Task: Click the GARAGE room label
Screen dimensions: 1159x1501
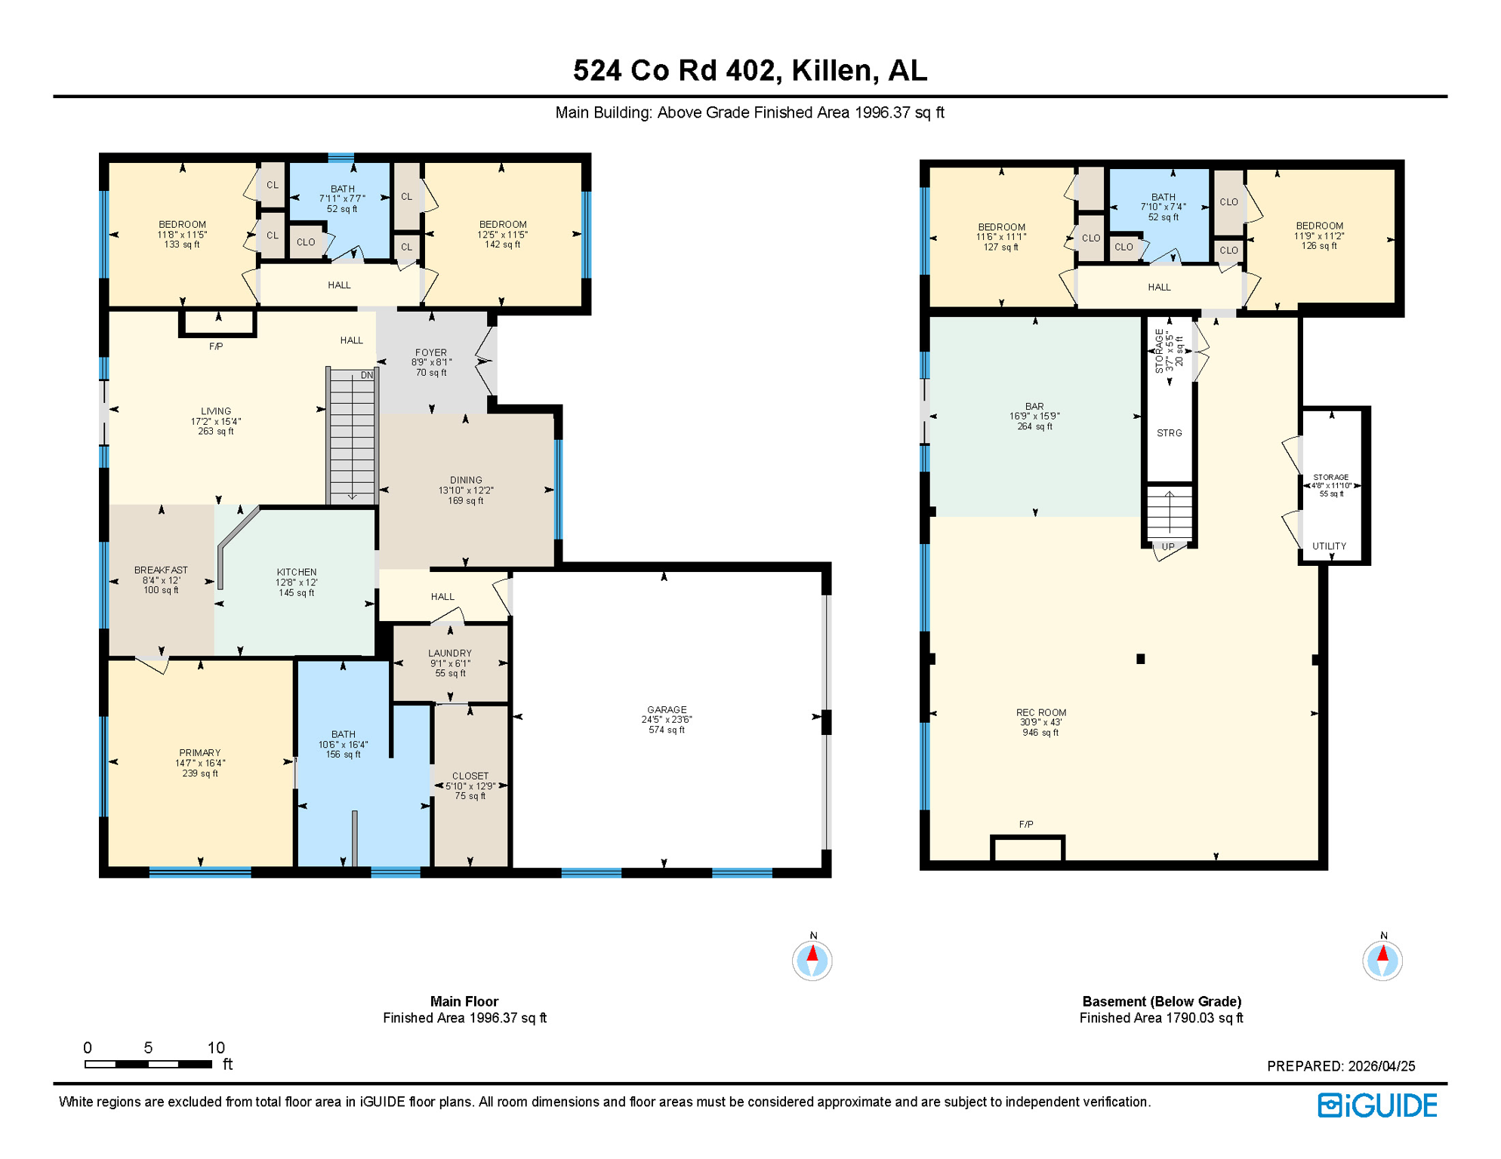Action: tap(667, 710)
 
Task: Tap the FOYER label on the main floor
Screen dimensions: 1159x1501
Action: tap(431, 352)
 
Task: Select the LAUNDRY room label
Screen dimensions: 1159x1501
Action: tap(450, 653)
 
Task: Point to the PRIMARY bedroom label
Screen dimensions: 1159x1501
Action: tap(200, 753)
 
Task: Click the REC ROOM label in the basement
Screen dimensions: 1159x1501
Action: tap(1040, 712)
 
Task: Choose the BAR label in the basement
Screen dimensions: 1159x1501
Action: tap(1034, 407)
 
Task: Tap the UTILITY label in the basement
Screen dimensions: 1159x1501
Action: tap(1329, 546)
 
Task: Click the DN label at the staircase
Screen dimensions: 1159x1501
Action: tap(367, 375)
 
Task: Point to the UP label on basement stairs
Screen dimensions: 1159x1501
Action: tap(1168, 547)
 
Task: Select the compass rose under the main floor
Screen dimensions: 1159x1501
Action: tap(812, 961)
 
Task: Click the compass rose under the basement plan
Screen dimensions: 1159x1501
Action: tap(1382, 961)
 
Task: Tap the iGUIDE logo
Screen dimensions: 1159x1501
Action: tap(1377, 1105)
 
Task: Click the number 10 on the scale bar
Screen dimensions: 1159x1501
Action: tap(216, 1047)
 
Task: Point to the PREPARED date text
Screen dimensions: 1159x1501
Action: tap(1341, 1066)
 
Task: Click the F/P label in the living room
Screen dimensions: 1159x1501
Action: tap(216, 346)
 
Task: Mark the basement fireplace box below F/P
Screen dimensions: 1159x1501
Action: tap(1028, 850)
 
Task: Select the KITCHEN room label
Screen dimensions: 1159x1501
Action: tap(297, 572)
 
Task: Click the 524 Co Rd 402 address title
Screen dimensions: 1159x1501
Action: tap(750, 71)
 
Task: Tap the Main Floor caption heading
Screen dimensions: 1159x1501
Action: tap(464, 1001)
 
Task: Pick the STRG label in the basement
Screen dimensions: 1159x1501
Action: tap(1170, 433)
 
